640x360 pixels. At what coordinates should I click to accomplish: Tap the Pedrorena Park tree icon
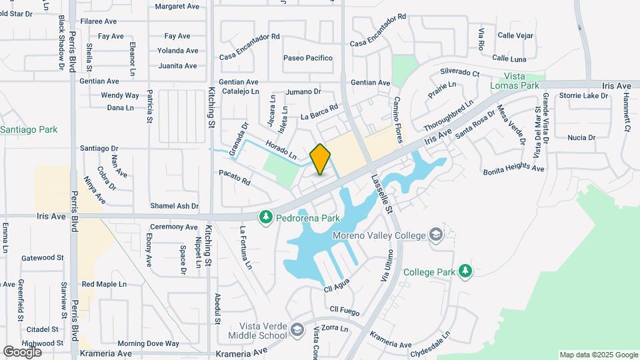(266, 217)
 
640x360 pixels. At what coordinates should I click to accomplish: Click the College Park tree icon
(465, 271)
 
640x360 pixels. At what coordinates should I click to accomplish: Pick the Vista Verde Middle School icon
(298, 329)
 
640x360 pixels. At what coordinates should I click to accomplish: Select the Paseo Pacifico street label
(308, 58)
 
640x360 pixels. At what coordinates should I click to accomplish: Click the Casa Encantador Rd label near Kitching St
(250, 37)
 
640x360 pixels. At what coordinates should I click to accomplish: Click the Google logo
(23, 351)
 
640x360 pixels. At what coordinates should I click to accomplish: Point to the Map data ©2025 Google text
(598, 355)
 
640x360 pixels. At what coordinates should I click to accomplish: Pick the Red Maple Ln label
(104, 284)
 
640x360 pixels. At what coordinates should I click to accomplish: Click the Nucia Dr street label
(581, 137)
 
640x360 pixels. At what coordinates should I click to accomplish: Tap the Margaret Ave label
(177, 6)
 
